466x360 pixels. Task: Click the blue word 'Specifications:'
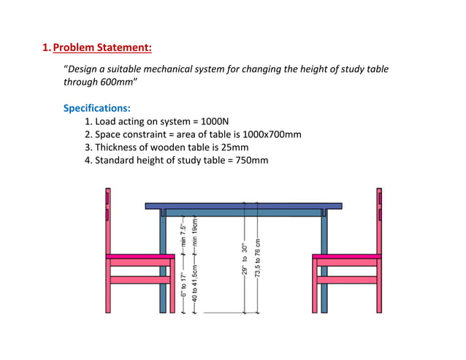click(x=97, y=108)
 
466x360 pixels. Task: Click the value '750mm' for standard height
click(x=248, y=161)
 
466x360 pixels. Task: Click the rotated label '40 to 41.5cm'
click(x=194, y=287)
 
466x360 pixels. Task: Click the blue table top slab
click(x=244, y=206)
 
